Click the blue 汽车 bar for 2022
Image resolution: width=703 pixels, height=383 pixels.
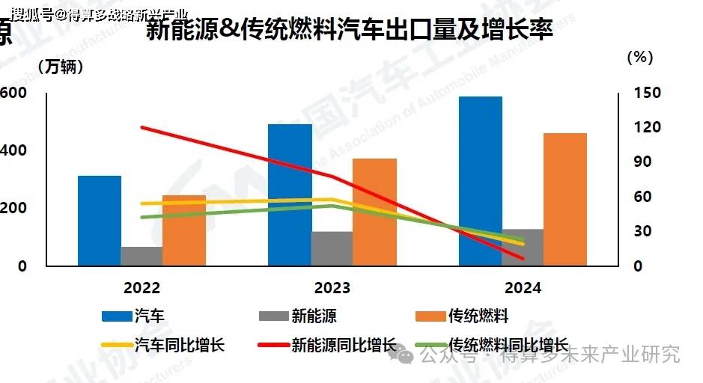tap(100, 221)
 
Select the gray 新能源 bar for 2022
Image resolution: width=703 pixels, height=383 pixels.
tap(141, 256)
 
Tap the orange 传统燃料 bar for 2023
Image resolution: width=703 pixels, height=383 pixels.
tap(374, 212)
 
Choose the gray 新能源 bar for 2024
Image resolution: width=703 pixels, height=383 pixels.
tap(523, 247)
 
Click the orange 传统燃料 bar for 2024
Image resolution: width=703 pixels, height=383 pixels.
tap(565, 199)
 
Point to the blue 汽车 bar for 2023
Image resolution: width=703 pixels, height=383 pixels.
tap(290, 194)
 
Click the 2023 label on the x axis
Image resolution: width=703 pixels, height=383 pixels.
tap(332, 288)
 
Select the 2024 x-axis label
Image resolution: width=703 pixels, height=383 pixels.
tap(523, 288)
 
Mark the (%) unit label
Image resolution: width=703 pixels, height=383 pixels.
tap(639, 56)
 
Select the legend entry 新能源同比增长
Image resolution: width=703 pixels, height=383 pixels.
tap(344, 345)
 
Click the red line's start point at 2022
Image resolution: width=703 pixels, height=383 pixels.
tap(141, 127)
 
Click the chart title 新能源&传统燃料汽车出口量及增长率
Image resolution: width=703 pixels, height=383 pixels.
tap(350, 31)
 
